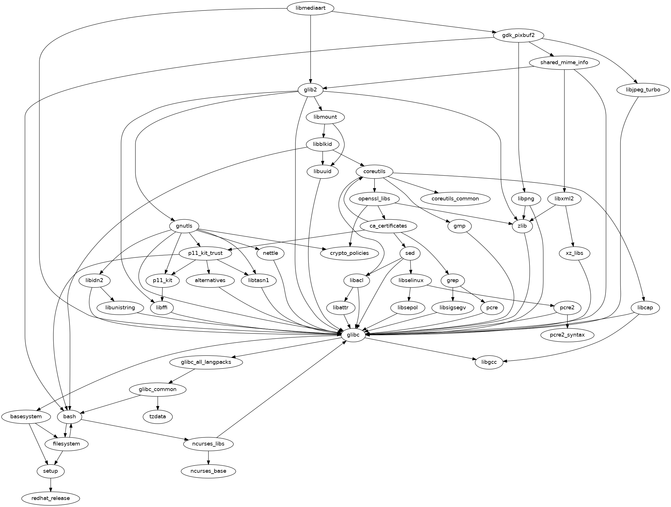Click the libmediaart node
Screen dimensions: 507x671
310,8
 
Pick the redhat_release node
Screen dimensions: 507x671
50,498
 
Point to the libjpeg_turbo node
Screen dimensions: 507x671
642,90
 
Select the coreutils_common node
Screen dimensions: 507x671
455,199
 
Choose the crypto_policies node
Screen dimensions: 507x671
350,253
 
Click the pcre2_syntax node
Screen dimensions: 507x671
567,335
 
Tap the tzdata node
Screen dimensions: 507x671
158,416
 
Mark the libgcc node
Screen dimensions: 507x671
489,362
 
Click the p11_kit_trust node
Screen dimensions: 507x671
205,253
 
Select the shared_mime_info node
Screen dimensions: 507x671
564,62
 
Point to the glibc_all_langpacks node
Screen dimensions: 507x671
206,362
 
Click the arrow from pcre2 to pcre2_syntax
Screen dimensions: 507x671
567,322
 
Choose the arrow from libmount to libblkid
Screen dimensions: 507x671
324,131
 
